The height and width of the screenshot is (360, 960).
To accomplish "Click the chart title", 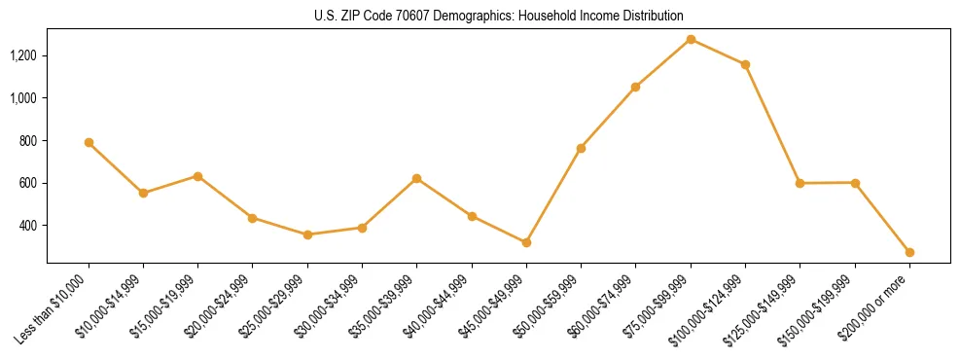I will point(498,16).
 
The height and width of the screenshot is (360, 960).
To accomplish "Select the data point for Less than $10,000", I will point(89,143).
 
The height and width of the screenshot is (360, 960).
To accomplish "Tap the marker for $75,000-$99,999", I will point(691,39).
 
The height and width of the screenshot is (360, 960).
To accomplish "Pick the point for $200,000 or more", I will point(909,252).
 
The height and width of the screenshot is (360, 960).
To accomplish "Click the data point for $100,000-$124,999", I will point(745,64).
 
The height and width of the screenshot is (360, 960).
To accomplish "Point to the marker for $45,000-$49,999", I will point(526,242).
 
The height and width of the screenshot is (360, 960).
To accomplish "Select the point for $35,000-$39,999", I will point(416,178).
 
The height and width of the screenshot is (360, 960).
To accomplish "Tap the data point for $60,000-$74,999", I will point(635,87).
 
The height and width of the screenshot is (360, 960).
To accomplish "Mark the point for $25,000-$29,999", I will point(307,234).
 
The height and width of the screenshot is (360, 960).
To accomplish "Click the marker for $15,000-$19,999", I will point(197,176).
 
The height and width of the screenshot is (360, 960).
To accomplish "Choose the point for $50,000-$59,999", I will point(581,148).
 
